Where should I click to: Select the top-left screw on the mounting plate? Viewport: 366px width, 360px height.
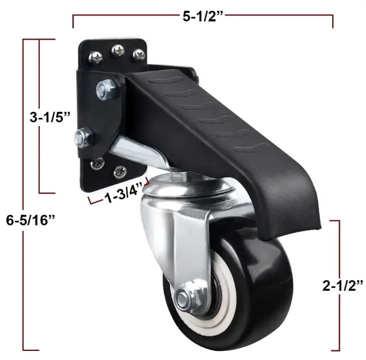click(95, 57)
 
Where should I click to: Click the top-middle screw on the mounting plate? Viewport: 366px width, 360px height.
click(117, 51)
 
